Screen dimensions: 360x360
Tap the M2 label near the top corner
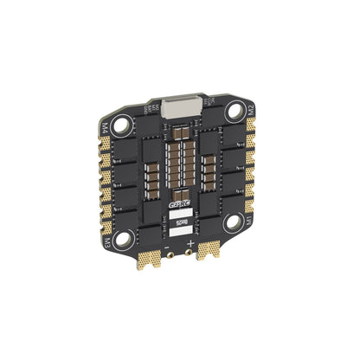(250, 110)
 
